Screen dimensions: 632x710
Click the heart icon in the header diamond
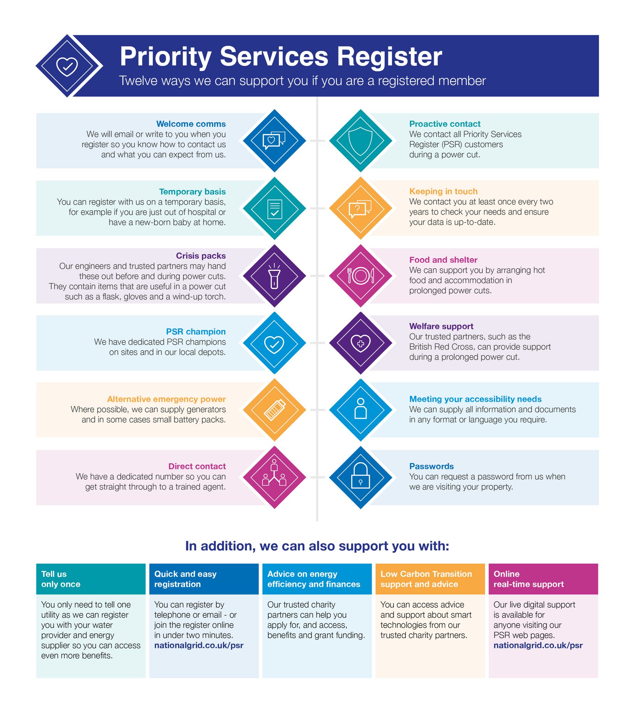tap(67, 66)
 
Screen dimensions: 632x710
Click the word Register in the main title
tap(389, 57)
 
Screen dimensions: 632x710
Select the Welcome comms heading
tap(191, 124)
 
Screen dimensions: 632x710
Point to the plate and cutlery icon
tap(361, 275)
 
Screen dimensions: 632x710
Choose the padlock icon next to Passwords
tap(361, 475)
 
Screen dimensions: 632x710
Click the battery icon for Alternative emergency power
tap(275, 410)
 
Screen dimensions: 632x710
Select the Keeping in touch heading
tap(443, 191)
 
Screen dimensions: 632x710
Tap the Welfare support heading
tap(441, 326)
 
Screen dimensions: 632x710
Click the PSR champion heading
tap(196, 332)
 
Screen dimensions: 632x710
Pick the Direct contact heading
tap(197, 466)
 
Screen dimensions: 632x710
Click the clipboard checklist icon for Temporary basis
tap(275, 209)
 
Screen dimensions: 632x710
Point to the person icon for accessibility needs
tap(361, 408)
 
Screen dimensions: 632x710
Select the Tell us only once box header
tap(91, 579)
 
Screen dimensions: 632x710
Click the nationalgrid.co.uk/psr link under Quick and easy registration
tap(199, 645)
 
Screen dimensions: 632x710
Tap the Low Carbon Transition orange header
tap(430, 579)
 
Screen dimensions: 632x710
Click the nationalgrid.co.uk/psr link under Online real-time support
tap(538, 645)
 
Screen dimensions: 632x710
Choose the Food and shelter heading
tap(443, 260)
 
